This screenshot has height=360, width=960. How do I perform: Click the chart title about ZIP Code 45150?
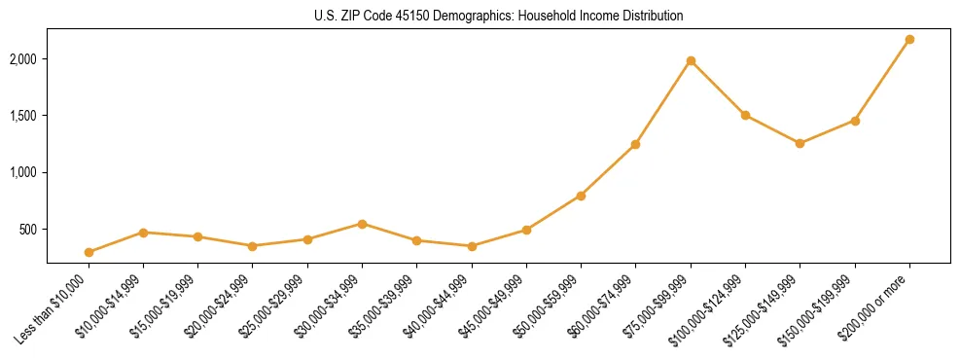[x=498, y=16]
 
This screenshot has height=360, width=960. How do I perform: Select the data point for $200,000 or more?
[x=909, y=39]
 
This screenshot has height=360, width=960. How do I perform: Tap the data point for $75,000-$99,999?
[x=691, y=60]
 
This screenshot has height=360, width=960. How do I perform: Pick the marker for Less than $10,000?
[x=89, y=252]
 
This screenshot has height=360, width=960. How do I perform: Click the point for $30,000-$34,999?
[x=362, y=224]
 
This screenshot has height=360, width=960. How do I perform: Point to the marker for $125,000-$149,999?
[x=800, y=143]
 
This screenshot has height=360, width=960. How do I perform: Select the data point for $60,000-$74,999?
[x=635, y=144]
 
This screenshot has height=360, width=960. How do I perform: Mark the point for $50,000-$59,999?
[x=581, y=196]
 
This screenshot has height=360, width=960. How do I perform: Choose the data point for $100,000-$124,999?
[x=745, y=115]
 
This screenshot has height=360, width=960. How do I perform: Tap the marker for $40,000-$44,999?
[x=472, y=246]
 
